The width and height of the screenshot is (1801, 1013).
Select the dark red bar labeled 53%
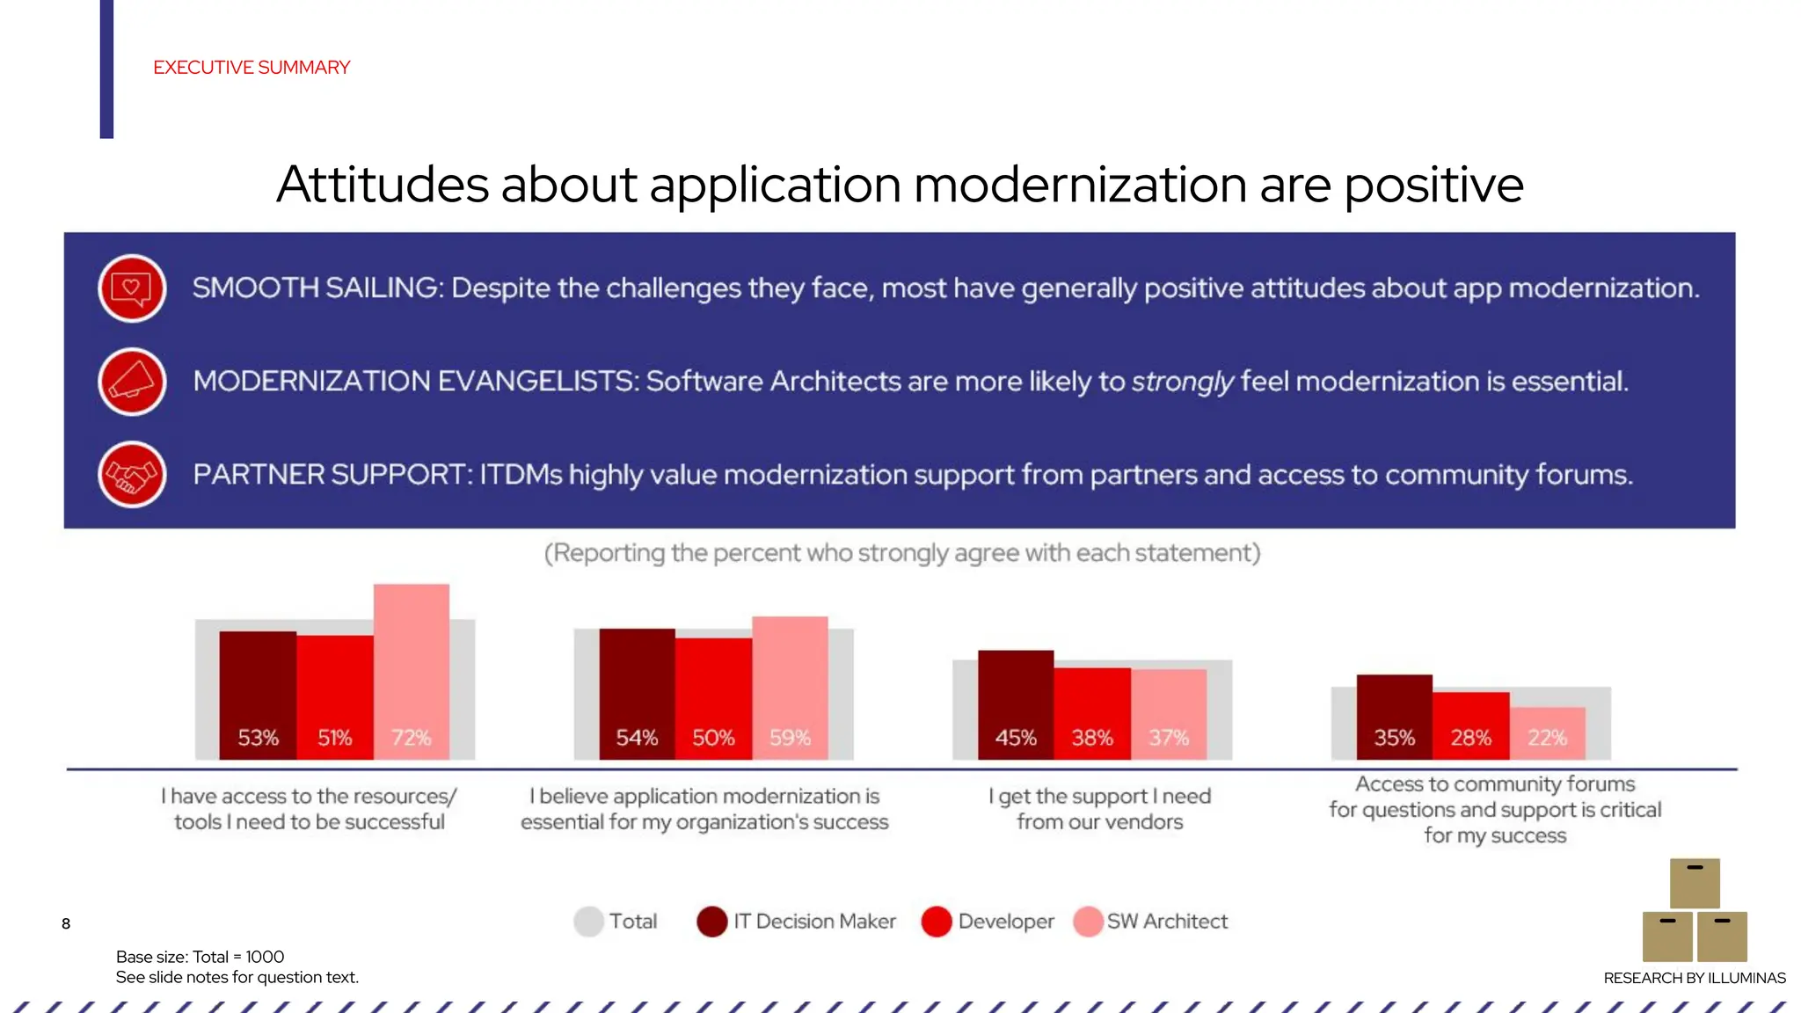[x=258, y=694]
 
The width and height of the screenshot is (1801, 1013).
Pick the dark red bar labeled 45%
[x=1016, y=703]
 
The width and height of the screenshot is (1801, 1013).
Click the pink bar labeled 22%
[x=1548, y=732]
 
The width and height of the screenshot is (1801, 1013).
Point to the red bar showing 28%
[x=1470, y=725]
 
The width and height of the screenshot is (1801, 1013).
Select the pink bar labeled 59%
[x=790, y=687]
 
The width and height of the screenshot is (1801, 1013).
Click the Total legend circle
[x=588, y=922]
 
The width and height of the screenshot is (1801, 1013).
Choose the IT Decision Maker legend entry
[x=796, y=922]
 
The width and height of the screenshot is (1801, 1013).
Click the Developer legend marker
[x=937, y=922]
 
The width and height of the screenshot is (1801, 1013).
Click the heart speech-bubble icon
[x=132, y=288]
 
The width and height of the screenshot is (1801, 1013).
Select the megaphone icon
[x=132, y=382]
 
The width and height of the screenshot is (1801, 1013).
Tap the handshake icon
[x=132, y=475]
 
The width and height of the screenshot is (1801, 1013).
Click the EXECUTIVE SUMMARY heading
[x=252, y=68]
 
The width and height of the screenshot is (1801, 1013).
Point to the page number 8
[x=66, y=923]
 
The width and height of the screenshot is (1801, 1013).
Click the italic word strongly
[x=1182, y=382]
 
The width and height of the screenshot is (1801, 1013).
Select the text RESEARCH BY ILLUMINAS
[x=1694, y=978]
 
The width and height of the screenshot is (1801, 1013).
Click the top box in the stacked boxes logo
[x=1695, y=883]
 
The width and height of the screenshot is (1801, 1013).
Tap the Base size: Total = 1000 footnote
[x=200, y=957]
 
